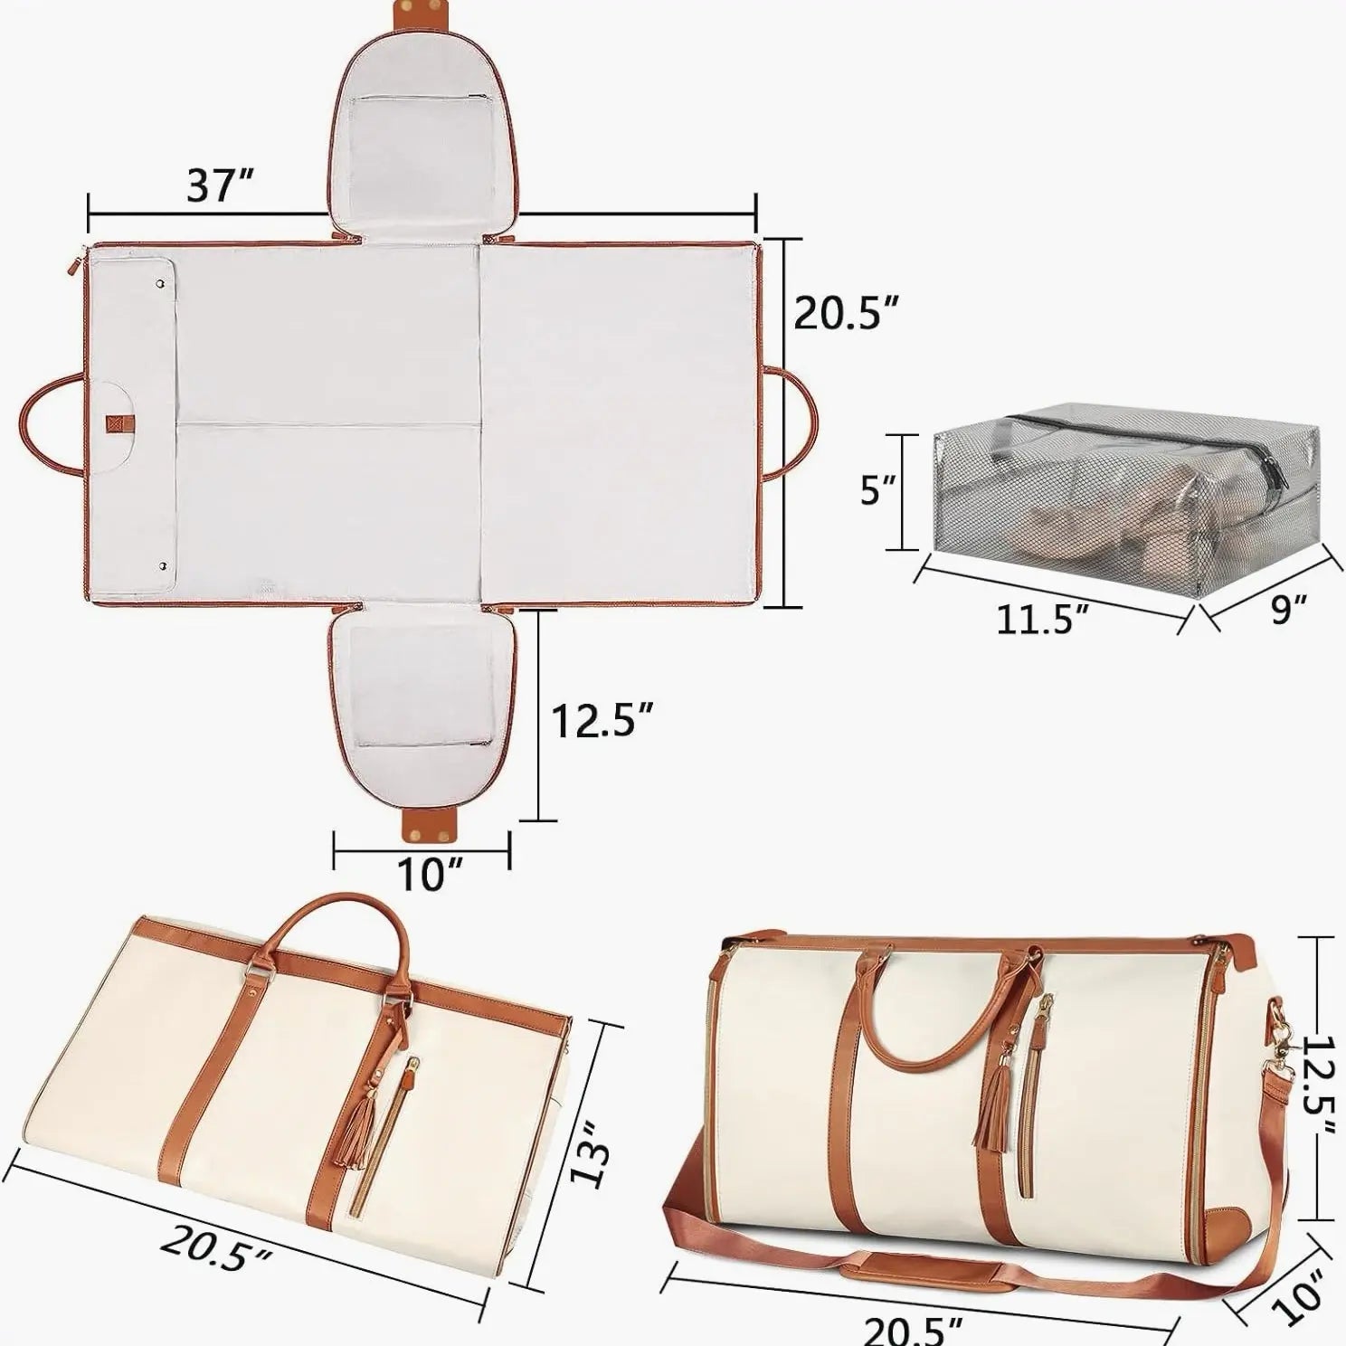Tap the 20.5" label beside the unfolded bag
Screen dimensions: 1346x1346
coord(846,313)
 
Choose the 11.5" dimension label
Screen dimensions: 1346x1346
coord(1041,619)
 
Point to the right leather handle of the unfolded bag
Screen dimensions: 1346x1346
coord(798,423)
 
